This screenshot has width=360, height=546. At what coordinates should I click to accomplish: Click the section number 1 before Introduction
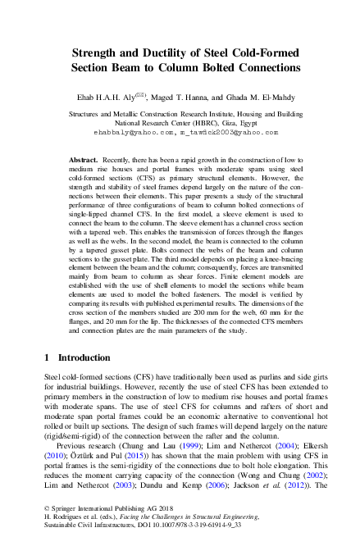[x=48, y=359]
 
